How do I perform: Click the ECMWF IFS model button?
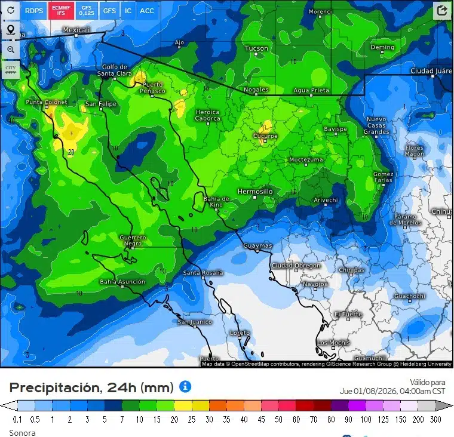tap(61, 10)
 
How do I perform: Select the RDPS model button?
tap(34, 10)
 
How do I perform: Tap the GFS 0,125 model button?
tap(87, 10)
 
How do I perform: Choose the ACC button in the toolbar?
tap(146, 10)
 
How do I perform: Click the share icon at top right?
tap(442, 10)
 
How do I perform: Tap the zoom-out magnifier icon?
tap(10, 49)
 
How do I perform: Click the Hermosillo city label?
tap(255, 192)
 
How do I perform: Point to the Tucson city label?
tap(257, 48)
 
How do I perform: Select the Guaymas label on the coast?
tap(258, 246)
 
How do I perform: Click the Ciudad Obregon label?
tap(296, 266)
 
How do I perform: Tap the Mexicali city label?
tap(76, 30)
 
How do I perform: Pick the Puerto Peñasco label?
tap(153, 88)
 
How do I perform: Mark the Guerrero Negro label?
tap(133, 241)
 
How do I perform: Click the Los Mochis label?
tap(333, 343)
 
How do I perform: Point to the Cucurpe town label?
tap(266, 136)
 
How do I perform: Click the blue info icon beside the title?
tap(185, 386)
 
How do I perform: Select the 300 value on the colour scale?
tap(435, 420)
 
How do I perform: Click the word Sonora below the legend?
tap(22, 432)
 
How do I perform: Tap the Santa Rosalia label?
tap(203, 273)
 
